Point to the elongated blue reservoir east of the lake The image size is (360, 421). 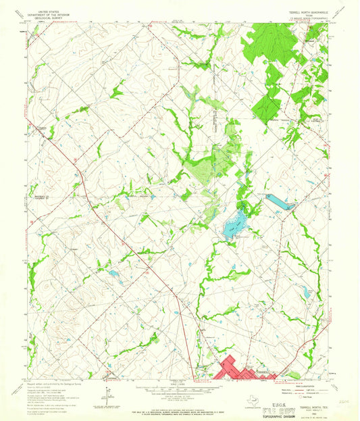click(279, 201)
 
